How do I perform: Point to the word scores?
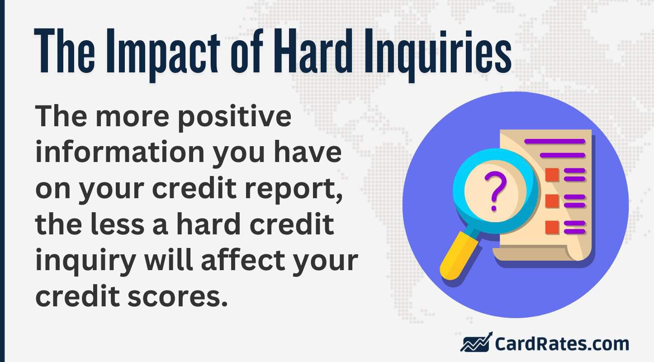[x=175, y=296]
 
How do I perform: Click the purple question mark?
[x=494, y=190]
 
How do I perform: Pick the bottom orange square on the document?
[x=552, y=227]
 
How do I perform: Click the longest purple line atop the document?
[x=554, y=142]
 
